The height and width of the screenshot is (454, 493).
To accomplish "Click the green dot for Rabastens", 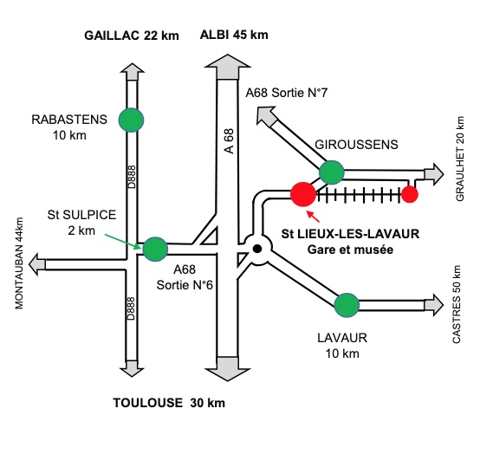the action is coord(131,120).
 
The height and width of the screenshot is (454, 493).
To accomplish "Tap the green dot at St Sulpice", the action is coord(155,249).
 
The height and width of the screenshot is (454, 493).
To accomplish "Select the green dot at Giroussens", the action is coord(332,172).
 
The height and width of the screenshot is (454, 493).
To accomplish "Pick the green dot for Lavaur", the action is coord(347,305).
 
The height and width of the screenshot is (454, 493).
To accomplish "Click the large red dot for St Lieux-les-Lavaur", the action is coord(302,194).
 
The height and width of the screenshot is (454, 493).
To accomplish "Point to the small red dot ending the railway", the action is coord(409,194).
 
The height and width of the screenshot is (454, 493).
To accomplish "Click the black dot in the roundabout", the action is coord(257,249).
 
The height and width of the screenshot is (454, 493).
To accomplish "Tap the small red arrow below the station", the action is coord(313,217).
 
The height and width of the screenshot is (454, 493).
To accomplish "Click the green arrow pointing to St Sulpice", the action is coord(123,242).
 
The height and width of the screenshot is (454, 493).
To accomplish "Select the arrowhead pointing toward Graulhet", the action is coord(434,174).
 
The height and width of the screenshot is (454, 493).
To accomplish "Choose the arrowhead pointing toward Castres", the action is coord(434,305).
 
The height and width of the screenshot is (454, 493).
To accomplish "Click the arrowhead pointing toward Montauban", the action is coord(37,264).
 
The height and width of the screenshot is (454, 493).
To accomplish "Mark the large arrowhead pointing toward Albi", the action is coord(227,67).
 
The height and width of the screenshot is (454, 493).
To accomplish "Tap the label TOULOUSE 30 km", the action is coord(169,403).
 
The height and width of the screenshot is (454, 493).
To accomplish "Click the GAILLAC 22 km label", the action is coord(132,36).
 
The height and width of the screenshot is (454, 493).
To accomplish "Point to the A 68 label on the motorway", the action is coord(230,141).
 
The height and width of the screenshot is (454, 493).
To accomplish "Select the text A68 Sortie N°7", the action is coord(287,93).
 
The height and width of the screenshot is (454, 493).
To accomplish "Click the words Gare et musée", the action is coord(350,250).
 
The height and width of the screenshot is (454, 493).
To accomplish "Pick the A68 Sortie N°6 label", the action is coord(185,277).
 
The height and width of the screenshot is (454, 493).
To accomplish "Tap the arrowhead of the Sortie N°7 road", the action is coord(266,116).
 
